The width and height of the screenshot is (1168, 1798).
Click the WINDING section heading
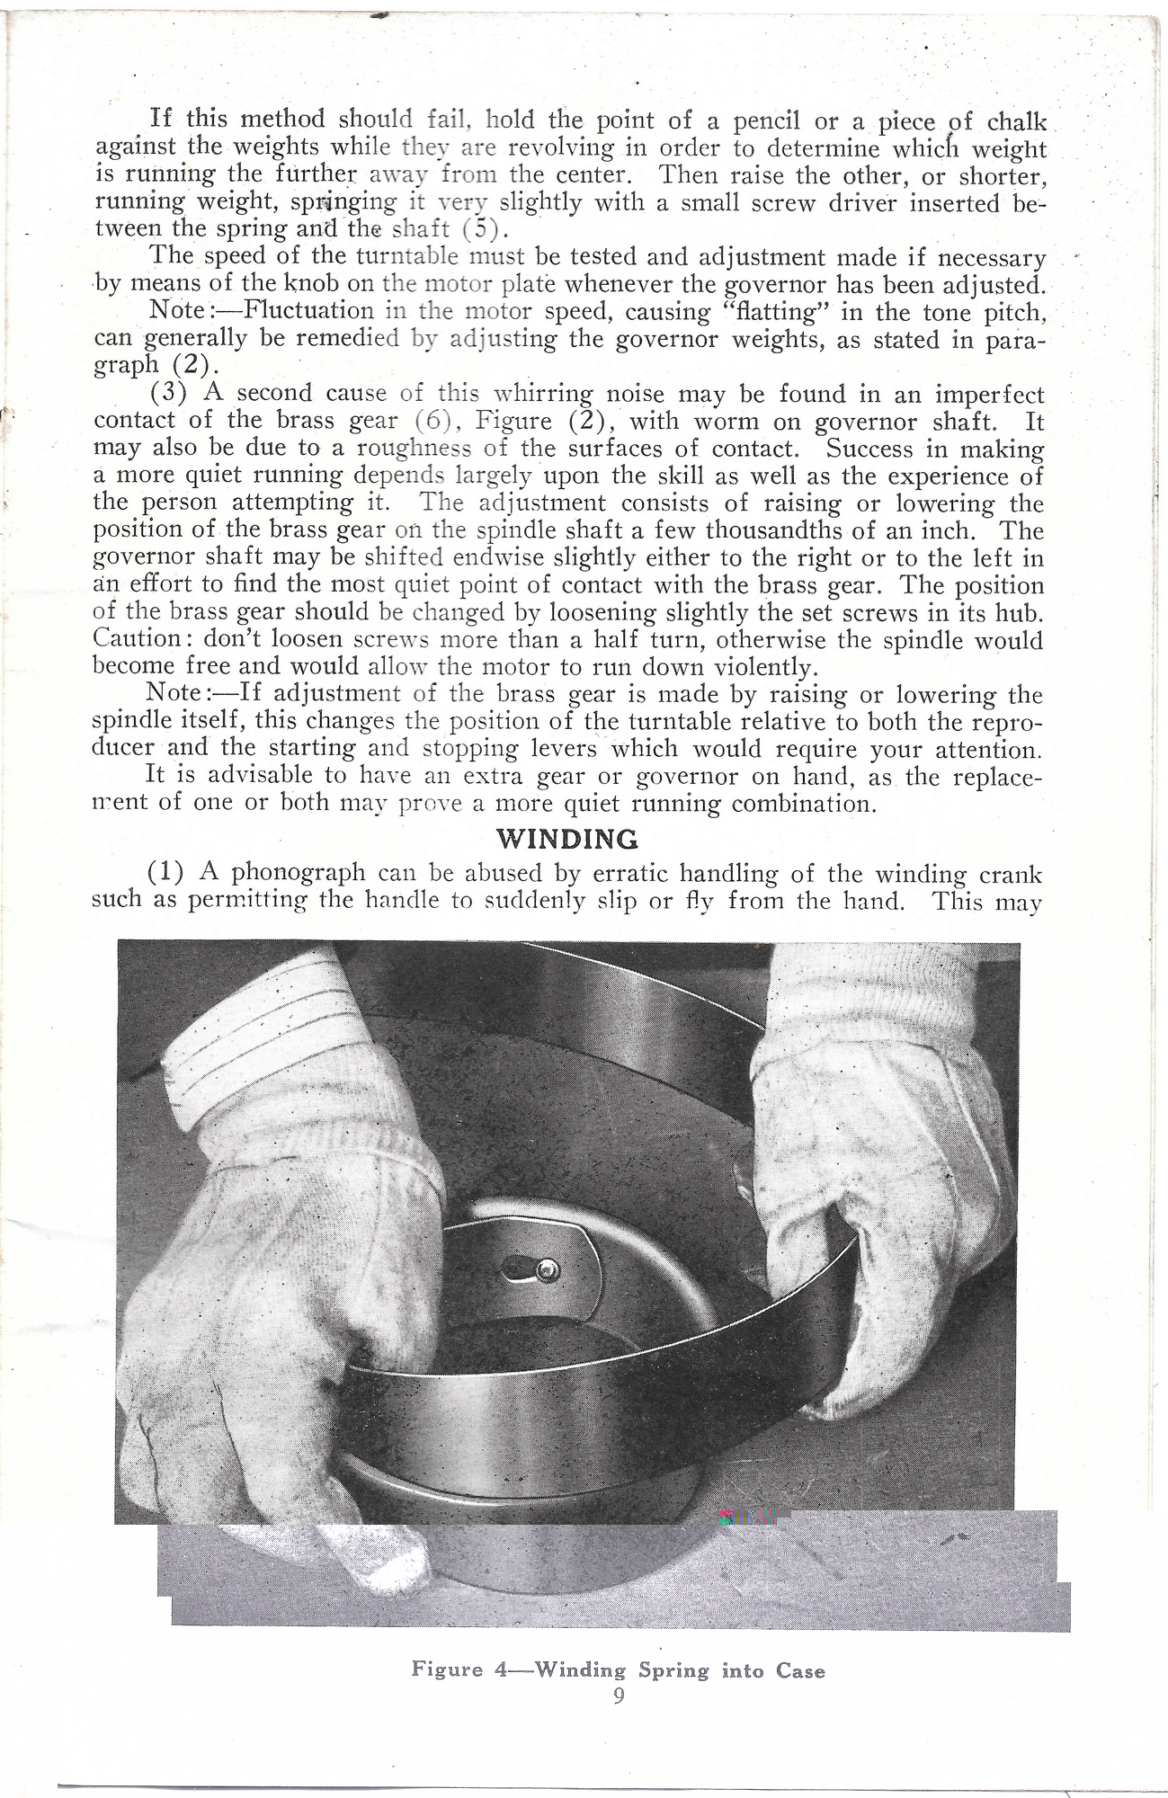(567, 839)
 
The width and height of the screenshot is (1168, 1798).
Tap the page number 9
(619, 1696)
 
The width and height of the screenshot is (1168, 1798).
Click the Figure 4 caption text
(618, 1670)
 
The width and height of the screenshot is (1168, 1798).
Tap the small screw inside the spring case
(545, 1268)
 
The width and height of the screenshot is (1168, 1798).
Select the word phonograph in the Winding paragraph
(298, 873)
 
